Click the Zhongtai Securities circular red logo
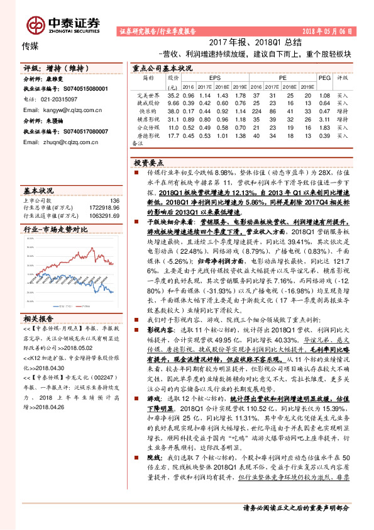click(36, 25)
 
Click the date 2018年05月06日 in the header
click(329, 31)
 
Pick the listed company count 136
click(114, 200)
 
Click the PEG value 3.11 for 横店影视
click(324, 118)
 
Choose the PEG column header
click(324, 77)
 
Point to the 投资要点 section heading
click(149, 161)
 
